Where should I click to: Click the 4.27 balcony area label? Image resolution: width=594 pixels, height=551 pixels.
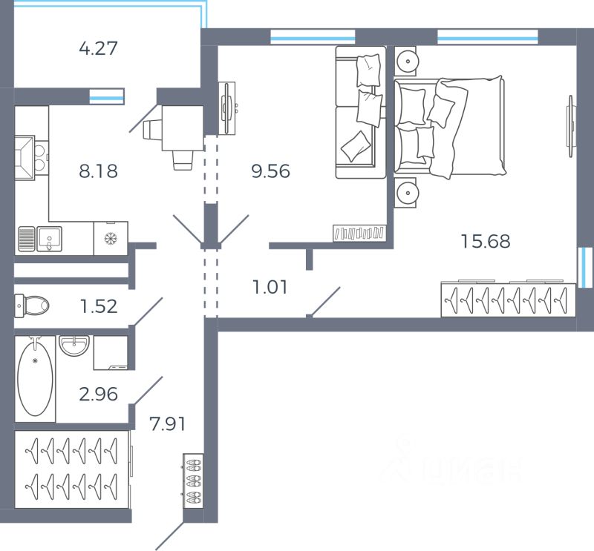99,48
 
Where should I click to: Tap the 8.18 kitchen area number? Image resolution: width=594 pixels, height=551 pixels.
99,171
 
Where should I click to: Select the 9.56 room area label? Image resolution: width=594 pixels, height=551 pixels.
270,171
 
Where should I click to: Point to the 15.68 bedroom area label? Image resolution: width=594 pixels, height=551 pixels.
486,241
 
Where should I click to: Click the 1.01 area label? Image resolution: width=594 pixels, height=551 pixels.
270,287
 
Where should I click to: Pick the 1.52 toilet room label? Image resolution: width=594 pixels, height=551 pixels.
99,306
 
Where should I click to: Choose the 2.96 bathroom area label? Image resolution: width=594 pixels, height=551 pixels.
99,394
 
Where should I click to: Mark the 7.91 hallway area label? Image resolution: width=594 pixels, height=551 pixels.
168,424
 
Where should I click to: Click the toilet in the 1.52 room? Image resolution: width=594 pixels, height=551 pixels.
32,306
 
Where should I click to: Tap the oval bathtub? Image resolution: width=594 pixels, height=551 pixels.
35,378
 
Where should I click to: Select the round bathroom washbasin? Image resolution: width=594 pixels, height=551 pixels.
74,346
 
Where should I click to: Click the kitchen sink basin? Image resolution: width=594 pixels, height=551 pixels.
49,240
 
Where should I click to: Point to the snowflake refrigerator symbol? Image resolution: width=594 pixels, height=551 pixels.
111,238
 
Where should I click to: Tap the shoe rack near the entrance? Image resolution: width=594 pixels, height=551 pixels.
193,481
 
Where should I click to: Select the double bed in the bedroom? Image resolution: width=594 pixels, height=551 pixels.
450,127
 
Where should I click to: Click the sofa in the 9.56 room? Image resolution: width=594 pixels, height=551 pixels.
361,112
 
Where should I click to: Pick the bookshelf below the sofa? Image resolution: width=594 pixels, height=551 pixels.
359,233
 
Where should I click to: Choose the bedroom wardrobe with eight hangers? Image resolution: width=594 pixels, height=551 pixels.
509,300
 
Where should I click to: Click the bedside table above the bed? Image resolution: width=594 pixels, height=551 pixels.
405,61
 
